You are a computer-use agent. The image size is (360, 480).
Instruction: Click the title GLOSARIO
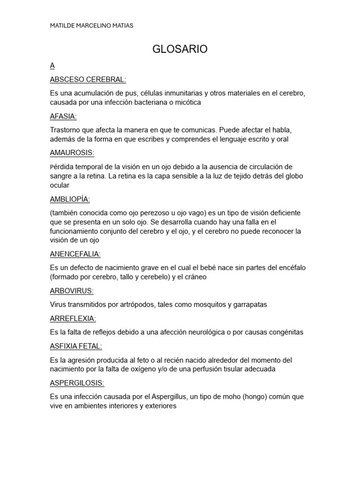tap(180, 49)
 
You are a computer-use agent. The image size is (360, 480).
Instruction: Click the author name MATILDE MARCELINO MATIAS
tap(91, 26)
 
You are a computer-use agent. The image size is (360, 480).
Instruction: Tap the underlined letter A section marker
tap(52, 66)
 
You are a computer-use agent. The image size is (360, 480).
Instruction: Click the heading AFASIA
tap(63, 116)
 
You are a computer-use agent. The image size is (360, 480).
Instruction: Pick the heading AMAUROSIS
tap(72, 152)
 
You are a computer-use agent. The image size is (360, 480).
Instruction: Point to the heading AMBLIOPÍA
tap(70, 199)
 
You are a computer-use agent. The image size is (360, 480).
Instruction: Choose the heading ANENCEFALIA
tap(75, 254)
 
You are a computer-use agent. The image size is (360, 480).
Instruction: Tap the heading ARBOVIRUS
tap(72, 291)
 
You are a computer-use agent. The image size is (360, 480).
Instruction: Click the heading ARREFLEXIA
tap(73, 318)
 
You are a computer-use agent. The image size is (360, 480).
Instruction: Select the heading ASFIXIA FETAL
tap(76, 346)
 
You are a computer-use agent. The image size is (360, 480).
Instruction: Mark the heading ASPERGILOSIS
tap(77, 383)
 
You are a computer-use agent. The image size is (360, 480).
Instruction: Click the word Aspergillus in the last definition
tap(169, 397)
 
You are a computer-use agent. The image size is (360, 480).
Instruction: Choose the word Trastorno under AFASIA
tap(65, 130)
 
